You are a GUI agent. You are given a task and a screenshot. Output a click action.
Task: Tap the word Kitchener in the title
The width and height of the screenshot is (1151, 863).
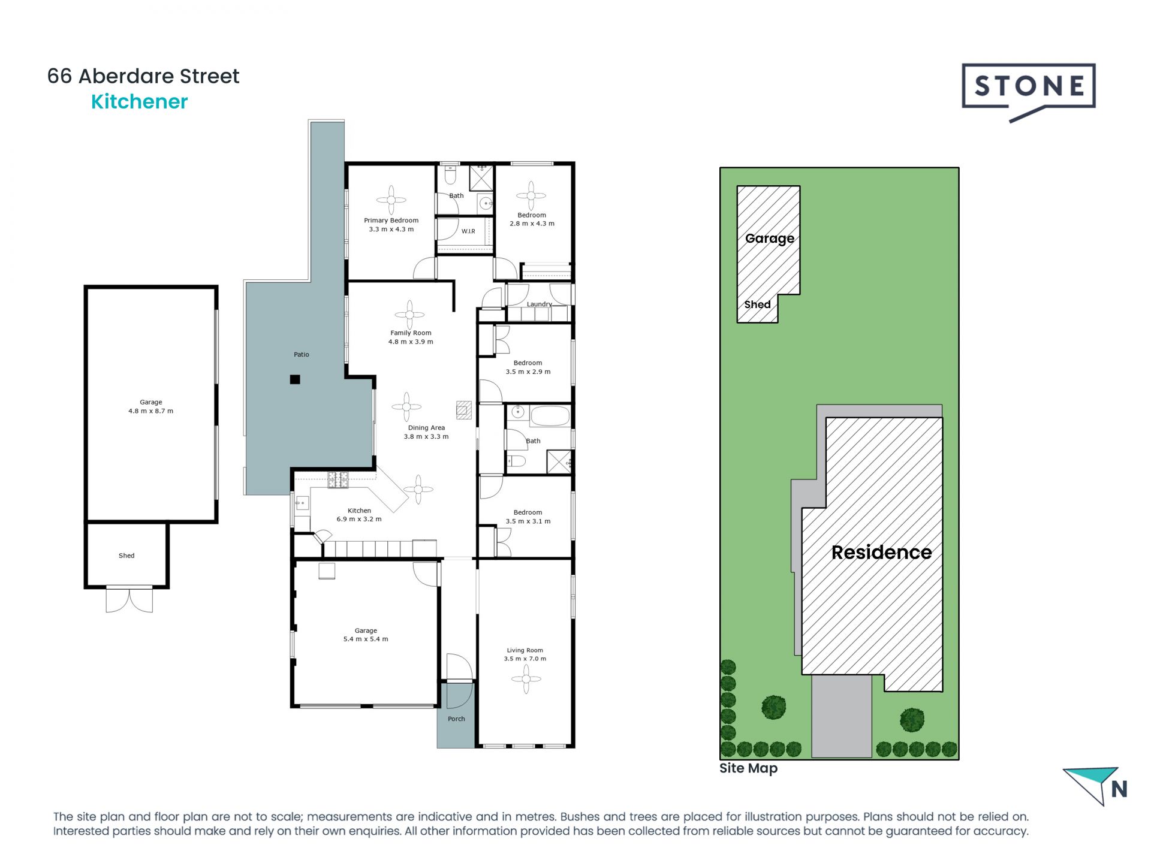(139, 102)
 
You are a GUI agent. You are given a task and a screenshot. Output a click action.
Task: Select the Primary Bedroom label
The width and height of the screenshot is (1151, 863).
(391, 221)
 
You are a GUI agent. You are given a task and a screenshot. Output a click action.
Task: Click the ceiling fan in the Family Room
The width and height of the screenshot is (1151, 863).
(409, 315)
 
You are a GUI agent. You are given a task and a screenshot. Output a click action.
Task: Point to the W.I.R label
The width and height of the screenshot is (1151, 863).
(468, 231)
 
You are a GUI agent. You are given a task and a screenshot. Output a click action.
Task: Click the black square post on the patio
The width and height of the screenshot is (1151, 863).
(295, 379)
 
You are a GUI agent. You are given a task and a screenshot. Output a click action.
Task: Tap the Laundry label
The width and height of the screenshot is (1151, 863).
(539, 304)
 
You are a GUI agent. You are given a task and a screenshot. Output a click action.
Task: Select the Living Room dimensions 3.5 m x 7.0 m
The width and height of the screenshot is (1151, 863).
(525, 659)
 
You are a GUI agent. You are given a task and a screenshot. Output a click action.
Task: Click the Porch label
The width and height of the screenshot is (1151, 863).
(456, 719)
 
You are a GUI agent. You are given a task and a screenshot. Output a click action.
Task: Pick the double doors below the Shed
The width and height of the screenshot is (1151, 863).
(129, 599)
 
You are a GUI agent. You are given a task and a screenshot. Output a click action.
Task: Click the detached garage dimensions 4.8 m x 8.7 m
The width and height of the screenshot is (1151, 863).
(150, 411)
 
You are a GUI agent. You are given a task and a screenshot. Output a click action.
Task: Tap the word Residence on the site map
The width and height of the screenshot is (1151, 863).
(881, 552)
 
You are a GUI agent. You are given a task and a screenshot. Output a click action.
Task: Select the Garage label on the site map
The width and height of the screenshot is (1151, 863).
(769, 239)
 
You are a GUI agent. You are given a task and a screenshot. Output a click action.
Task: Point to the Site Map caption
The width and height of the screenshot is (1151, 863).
(748, 768)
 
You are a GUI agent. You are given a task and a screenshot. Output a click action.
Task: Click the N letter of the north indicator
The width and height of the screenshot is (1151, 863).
(1119, 789)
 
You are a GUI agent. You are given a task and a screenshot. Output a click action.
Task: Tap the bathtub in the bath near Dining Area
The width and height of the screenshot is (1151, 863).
(550, 415)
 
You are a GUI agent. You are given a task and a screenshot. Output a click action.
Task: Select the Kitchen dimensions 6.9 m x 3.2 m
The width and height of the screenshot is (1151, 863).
(359, 519)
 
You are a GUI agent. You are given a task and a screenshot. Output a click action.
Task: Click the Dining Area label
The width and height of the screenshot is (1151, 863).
(426, 428)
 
